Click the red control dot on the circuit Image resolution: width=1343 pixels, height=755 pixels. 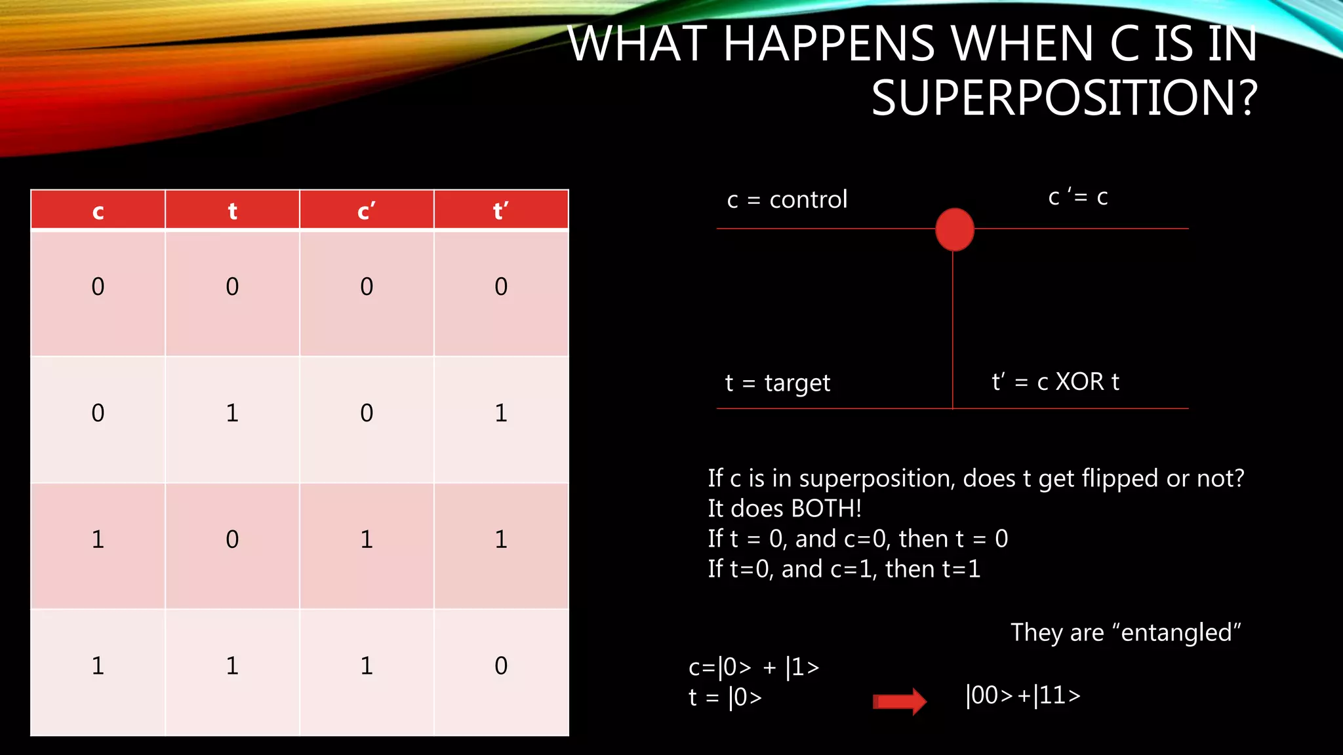[x=954, y=229]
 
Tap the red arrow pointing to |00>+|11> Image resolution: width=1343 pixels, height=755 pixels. [x=899, y=701]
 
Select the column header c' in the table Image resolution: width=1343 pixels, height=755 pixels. [x=367, y=210]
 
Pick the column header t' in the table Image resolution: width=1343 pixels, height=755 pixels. [x=501, y=210]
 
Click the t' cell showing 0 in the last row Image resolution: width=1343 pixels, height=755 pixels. [x=501, y=666]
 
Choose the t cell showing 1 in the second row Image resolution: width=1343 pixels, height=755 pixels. [x=232, y=413]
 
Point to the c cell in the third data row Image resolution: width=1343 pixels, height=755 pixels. [x=98, y=539]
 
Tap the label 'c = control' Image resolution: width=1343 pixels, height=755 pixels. [x=787, y=199]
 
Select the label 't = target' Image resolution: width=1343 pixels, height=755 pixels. [x=778, y=383]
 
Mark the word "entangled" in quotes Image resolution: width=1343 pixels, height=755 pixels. [x=1176, y=632]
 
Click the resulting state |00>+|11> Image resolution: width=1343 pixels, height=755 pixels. [x=1023, y=695]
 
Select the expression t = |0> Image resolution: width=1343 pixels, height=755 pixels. [x=725, y=697]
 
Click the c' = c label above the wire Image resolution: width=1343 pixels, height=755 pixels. [x=1078, y=197]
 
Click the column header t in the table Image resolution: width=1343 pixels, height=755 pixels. [x=232, y=210]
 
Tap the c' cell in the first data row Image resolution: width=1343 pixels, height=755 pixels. [x=367, y=286]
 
